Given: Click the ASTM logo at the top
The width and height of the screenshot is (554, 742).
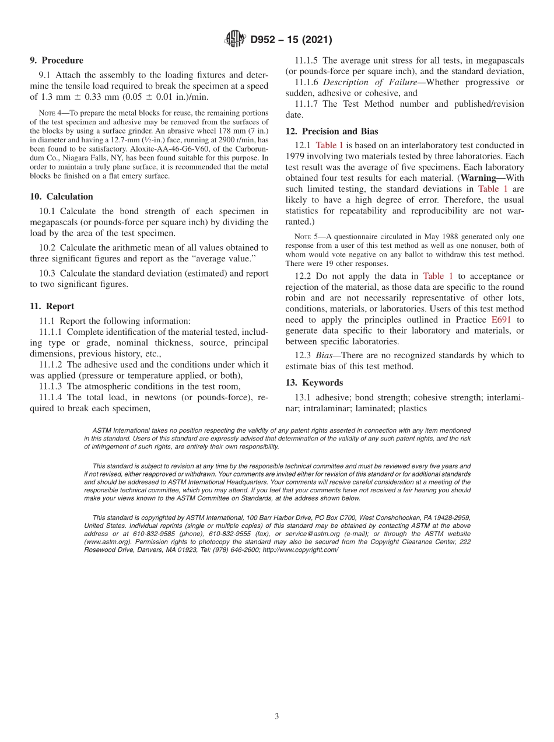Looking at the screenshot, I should click(x=234, y=40).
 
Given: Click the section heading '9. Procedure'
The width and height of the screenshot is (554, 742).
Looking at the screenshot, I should click(x=57, y=60).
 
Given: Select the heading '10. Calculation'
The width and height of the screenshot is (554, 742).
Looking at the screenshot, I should click(x=61, y=197).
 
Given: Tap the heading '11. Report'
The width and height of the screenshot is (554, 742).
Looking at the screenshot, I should click(x=52, y=306).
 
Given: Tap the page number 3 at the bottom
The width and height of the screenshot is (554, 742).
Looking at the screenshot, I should click(x=277, y=716).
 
